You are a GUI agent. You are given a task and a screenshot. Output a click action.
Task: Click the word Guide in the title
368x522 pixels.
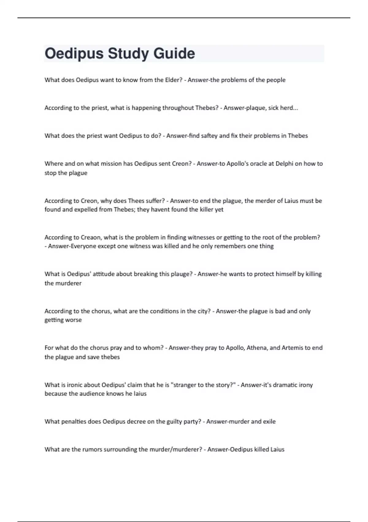(x=174, y=53)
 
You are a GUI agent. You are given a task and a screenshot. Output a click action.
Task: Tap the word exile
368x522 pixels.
(x=269, y=422)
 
